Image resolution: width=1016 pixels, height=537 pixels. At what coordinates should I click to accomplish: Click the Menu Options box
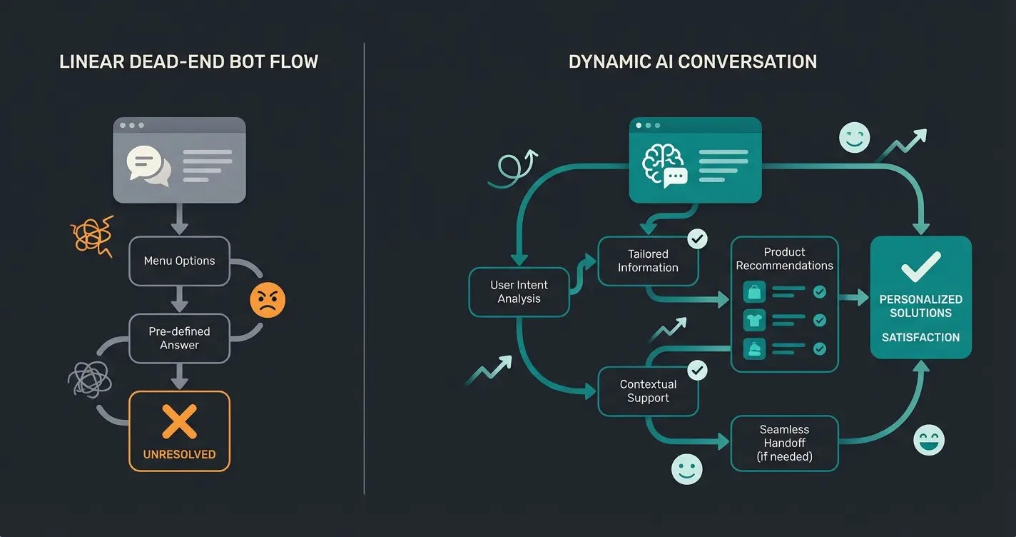(179, 261)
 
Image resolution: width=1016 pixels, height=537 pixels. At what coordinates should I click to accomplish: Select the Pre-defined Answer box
(179, 338)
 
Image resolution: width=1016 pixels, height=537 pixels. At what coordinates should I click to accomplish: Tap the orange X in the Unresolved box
(179, 421)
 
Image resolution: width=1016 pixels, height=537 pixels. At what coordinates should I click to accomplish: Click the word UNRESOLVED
(179, 454)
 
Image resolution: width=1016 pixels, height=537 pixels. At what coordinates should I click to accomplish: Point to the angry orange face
(268, 301)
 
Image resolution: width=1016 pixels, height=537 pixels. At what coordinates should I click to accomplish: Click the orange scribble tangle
(91, 235)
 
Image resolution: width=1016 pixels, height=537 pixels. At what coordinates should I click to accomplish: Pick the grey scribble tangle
(88, 378)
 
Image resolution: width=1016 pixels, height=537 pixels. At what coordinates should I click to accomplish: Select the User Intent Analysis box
(519, 292)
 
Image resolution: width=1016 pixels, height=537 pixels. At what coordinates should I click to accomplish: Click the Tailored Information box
(648, 261)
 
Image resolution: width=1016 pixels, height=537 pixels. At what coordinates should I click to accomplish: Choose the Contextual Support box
(648, 391)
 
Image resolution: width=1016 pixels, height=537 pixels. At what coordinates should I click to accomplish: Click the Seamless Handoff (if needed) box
(784, 443)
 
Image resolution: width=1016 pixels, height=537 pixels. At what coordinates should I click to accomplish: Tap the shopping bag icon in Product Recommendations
(754, 291)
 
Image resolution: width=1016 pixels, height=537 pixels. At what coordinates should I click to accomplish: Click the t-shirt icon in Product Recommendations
(754, 320)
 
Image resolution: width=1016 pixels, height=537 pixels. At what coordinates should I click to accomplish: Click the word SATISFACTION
(920, 337)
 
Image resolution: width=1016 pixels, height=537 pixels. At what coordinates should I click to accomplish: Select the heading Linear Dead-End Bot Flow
(188, 61)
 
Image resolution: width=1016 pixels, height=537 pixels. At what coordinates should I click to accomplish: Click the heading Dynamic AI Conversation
(692, 61)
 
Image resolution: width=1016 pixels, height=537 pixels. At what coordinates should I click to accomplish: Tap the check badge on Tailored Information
(696, 239)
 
